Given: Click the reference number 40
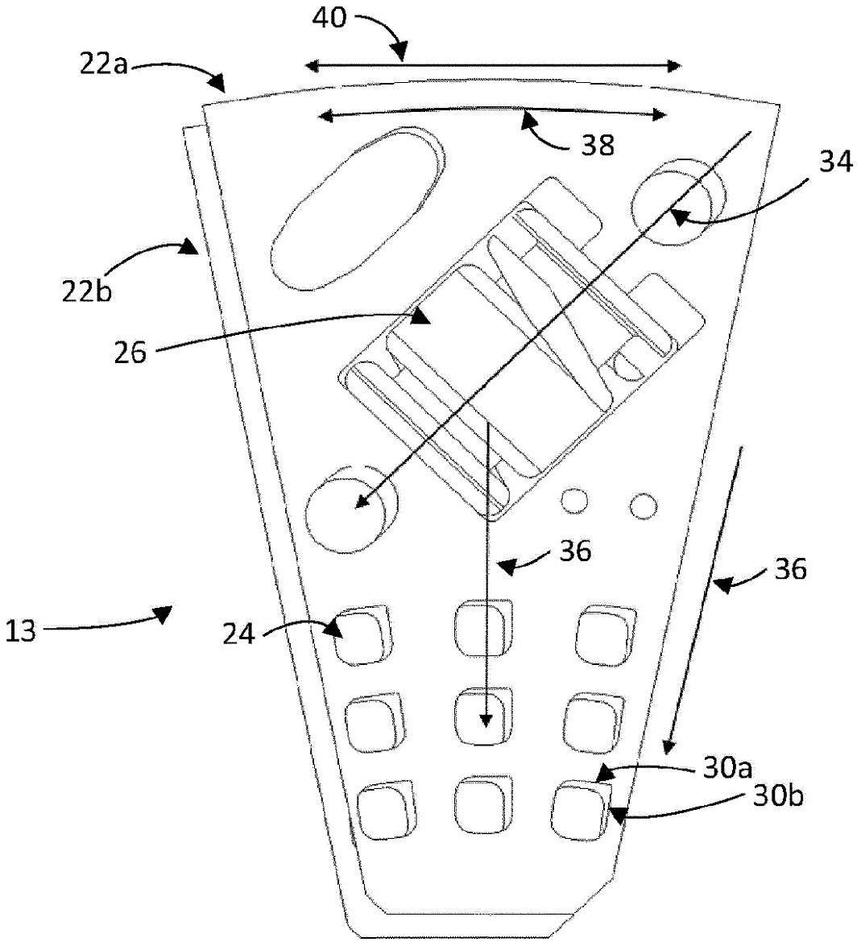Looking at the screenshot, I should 330,18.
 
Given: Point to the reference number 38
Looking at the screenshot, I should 596,145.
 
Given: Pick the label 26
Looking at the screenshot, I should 130,352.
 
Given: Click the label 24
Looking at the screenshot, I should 240,635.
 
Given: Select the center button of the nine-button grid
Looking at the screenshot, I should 483,716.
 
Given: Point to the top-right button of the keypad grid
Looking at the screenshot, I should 604,633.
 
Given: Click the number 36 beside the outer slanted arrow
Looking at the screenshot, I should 789,569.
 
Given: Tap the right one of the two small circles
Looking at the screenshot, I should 644,506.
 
